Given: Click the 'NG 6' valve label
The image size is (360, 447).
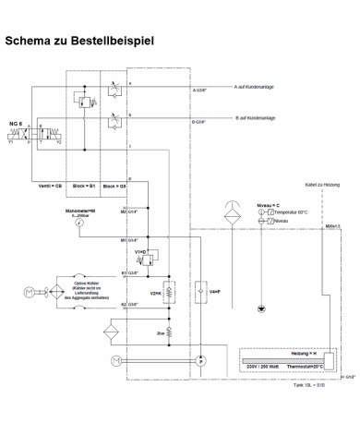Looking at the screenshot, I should [x=14, y=122].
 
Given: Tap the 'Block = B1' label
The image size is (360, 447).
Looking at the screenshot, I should [x=86, y=186].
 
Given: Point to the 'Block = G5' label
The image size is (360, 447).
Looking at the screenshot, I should [x=114, y=186].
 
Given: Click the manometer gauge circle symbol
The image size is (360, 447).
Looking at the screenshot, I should [x=81, y=226].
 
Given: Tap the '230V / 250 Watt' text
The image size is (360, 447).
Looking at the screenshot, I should [x=263, y=368].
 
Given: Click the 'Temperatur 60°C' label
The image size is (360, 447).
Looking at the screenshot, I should [x=288, y=212].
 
